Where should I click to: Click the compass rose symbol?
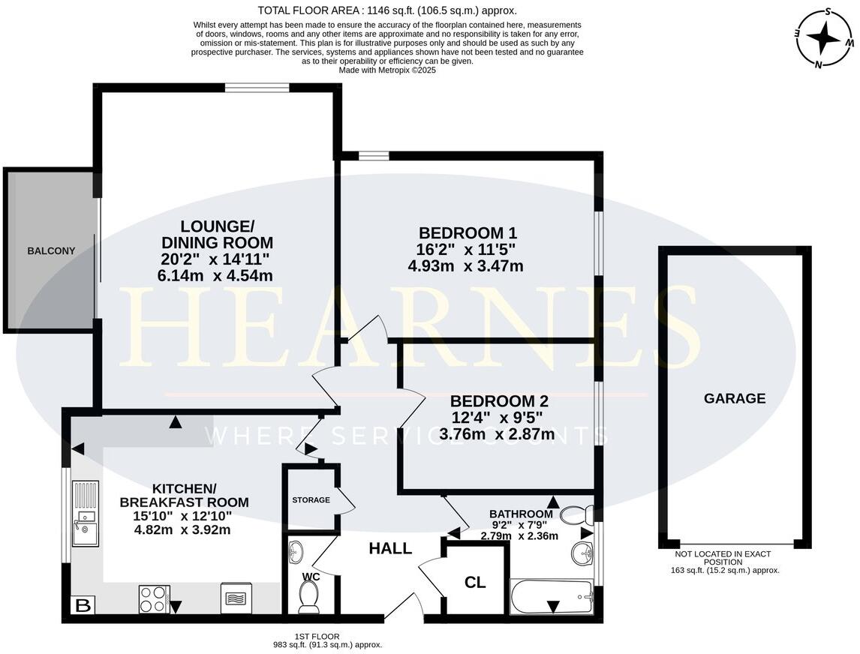[x=824, y=37]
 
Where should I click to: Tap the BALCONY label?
[x=51, y=251]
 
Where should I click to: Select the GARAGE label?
[x=734, y=398]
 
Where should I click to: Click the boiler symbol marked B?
[x=81, y=604]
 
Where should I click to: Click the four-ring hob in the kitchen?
[x=154, y=598]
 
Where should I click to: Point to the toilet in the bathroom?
[x=577, y=514]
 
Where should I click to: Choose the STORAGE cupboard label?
[x=311, y=499]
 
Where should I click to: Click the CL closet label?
[x=475, y=583]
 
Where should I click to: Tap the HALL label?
[x=390, y=548]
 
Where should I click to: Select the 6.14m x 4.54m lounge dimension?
[x=215, y=276]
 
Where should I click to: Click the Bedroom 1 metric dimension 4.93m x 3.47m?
[x=465, y=265]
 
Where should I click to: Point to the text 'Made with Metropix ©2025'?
[x=387, y=70]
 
